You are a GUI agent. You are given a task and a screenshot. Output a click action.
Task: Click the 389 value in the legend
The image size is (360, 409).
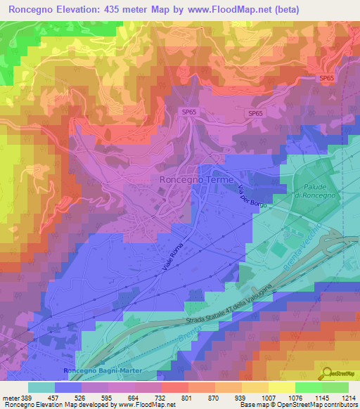[x=27, y=397]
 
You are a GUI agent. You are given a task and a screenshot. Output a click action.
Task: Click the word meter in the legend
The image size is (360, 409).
[x=10, y=397]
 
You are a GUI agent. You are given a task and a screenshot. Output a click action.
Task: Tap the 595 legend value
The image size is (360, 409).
[x=103, y=397]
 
